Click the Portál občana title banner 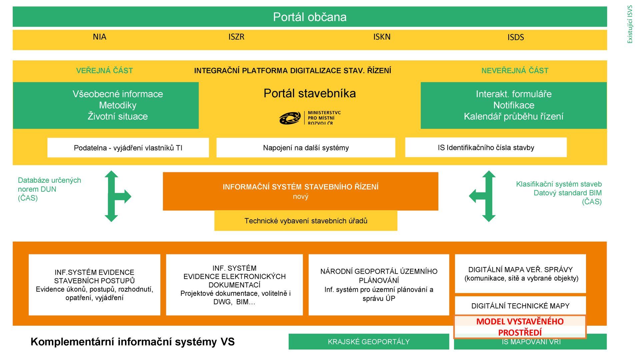[x=310, y=17]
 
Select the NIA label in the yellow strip [x=99, y=37]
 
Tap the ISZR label [x=236, y=37]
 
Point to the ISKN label [x=382, y=37]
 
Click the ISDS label [x=515, y=37]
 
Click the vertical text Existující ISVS [x=630, y=24]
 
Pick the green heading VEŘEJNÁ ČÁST [x=104, y=71]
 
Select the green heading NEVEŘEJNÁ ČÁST [x=515, y=71]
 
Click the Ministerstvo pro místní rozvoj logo [x=310, y=118]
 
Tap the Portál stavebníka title [x=310, y=93]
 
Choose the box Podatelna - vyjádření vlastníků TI [x=128, y=148]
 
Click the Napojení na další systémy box [x=306, y=148]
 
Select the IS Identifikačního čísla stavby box [x=486, y=147]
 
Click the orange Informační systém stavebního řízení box [x=300, y=191]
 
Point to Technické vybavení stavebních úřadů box [x=306, y=221]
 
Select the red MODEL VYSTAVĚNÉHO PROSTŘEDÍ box [x=520, y=327]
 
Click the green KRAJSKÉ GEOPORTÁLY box [x=369, y=342]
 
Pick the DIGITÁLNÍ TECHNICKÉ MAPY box [x=520, y=306]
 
